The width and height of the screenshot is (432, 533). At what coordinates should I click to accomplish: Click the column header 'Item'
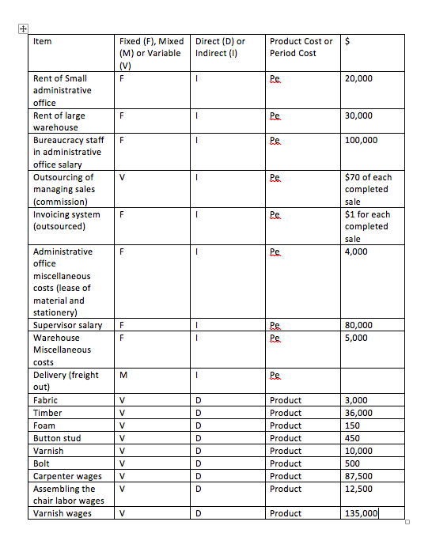[x=42, y=41]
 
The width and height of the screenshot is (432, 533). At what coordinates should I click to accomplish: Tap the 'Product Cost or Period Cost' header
[x=301, y=47]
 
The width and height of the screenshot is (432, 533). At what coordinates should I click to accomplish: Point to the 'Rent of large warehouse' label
[x=59, y=121]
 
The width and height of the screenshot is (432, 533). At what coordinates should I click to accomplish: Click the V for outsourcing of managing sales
[x=122, y=177]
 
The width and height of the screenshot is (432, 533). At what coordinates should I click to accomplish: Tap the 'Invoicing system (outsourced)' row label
[x=66, y=220]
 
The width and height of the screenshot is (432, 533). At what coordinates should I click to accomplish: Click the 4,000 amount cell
[x=356, y=251]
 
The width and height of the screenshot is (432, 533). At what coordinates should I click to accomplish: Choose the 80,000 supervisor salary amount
[x=358, y=325]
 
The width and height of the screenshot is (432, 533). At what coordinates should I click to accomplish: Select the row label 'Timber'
[x=47, y=413]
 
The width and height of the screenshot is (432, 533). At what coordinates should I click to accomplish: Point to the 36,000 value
[x=358, y=413]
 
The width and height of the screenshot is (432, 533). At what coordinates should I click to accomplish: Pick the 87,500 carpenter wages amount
[x=358, y=476]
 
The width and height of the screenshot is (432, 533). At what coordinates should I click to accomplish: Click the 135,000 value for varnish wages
[x=362, y=513]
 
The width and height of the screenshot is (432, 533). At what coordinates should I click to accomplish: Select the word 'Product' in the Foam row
[x=285, y=425]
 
